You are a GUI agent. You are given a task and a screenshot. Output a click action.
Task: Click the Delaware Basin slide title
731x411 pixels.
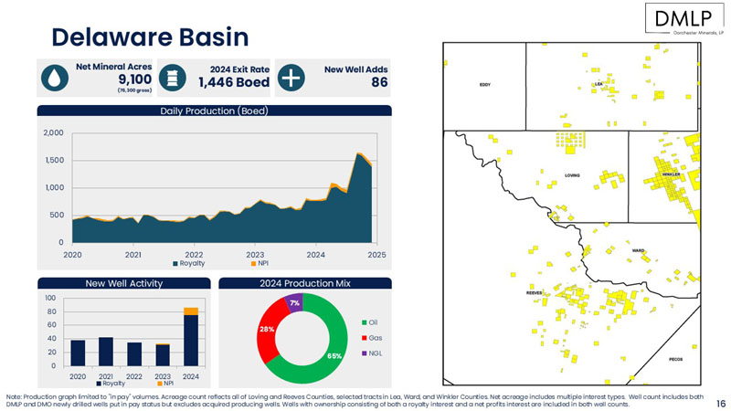[x=150, y=37]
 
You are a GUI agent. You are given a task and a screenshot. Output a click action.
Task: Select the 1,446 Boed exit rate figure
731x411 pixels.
[x=234, y=83]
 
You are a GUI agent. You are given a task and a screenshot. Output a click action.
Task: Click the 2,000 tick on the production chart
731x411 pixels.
[x=52, y=133]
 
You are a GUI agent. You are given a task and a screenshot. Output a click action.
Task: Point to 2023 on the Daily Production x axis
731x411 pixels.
[x=255, y=254]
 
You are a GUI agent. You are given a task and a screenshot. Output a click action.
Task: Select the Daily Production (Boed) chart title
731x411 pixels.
[x=214, y=111]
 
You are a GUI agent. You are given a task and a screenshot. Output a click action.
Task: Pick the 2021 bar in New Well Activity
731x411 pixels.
[x=105, y=352]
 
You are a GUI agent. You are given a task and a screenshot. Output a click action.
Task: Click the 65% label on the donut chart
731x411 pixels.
[x=334, y=356]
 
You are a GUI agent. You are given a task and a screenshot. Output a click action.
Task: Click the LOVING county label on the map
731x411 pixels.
[x=572, y=174]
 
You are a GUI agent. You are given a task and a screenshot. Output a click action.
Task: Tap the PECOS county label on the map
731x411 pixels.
[x=676, y=359]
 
